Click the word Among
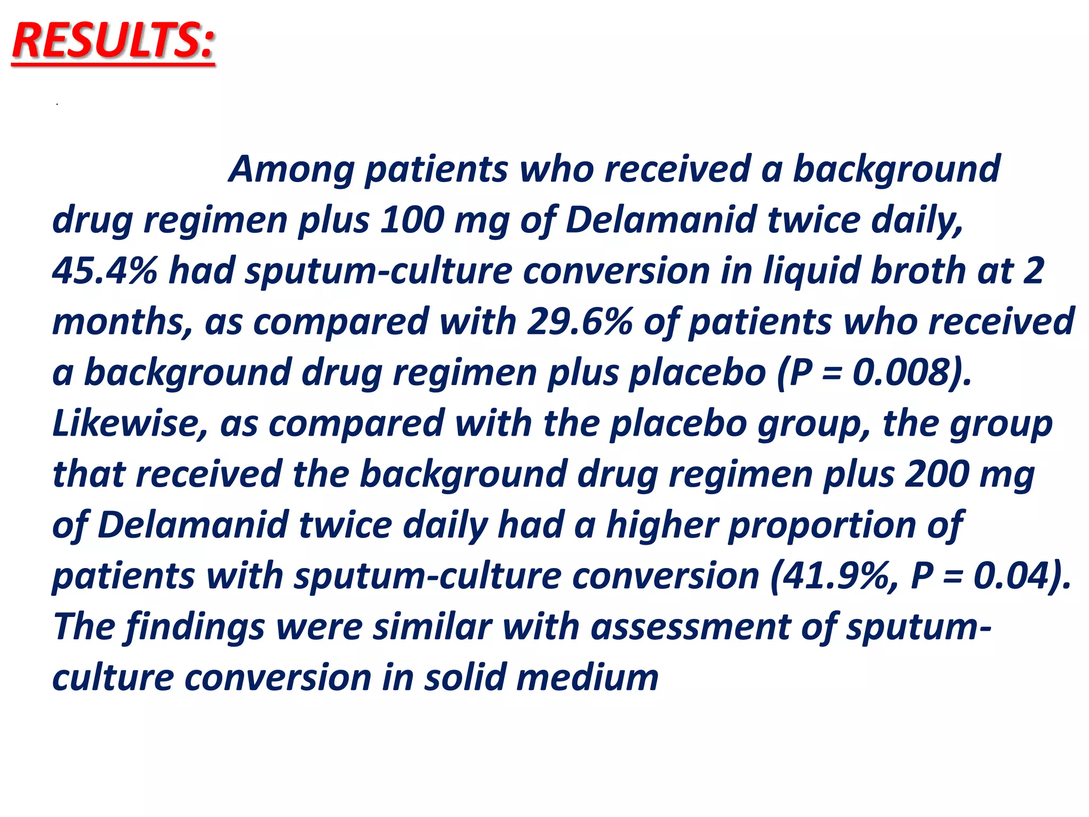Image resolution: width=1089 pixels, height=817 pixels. pos(291,169)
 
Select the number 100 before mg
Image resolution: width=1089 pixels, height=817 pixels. pos(412,220)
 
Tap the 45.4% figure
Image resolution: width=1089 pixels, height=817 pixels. pos(105,271)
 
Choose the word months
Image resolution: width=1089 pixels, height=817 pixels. pos(122,322)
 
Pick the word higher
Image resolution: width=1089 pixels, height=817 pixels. pos(661,525)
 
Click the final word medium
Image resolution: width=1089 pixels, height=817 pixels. pos(587,678)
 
